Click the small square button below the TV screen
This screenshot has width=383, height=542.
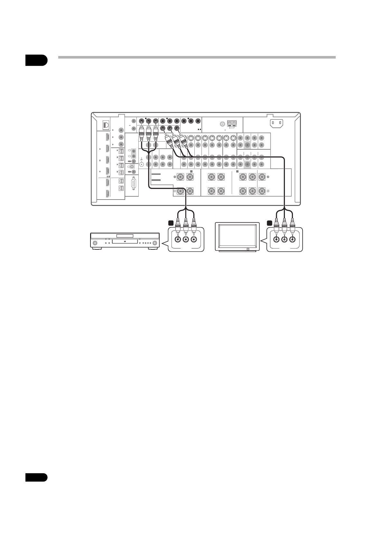(248, 249)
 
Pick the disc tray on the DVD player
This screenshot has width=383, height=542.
(125, 236)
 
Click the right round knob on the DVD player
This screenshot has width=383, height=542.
(155, 243)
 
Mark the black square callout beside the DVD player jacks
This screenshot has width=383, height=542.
(171, 222)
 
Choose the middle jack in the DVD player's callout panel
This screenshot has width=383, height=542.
(186, 239)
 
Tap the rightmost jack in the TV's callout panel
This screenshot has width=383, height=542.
(292, 239)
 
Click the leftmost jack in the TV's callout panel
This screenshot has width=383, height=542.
(276, 239)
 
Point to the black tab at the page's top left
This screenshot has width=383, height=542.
(36, 60)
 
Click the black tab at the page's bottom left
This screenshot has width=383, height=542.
(36, 477)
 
